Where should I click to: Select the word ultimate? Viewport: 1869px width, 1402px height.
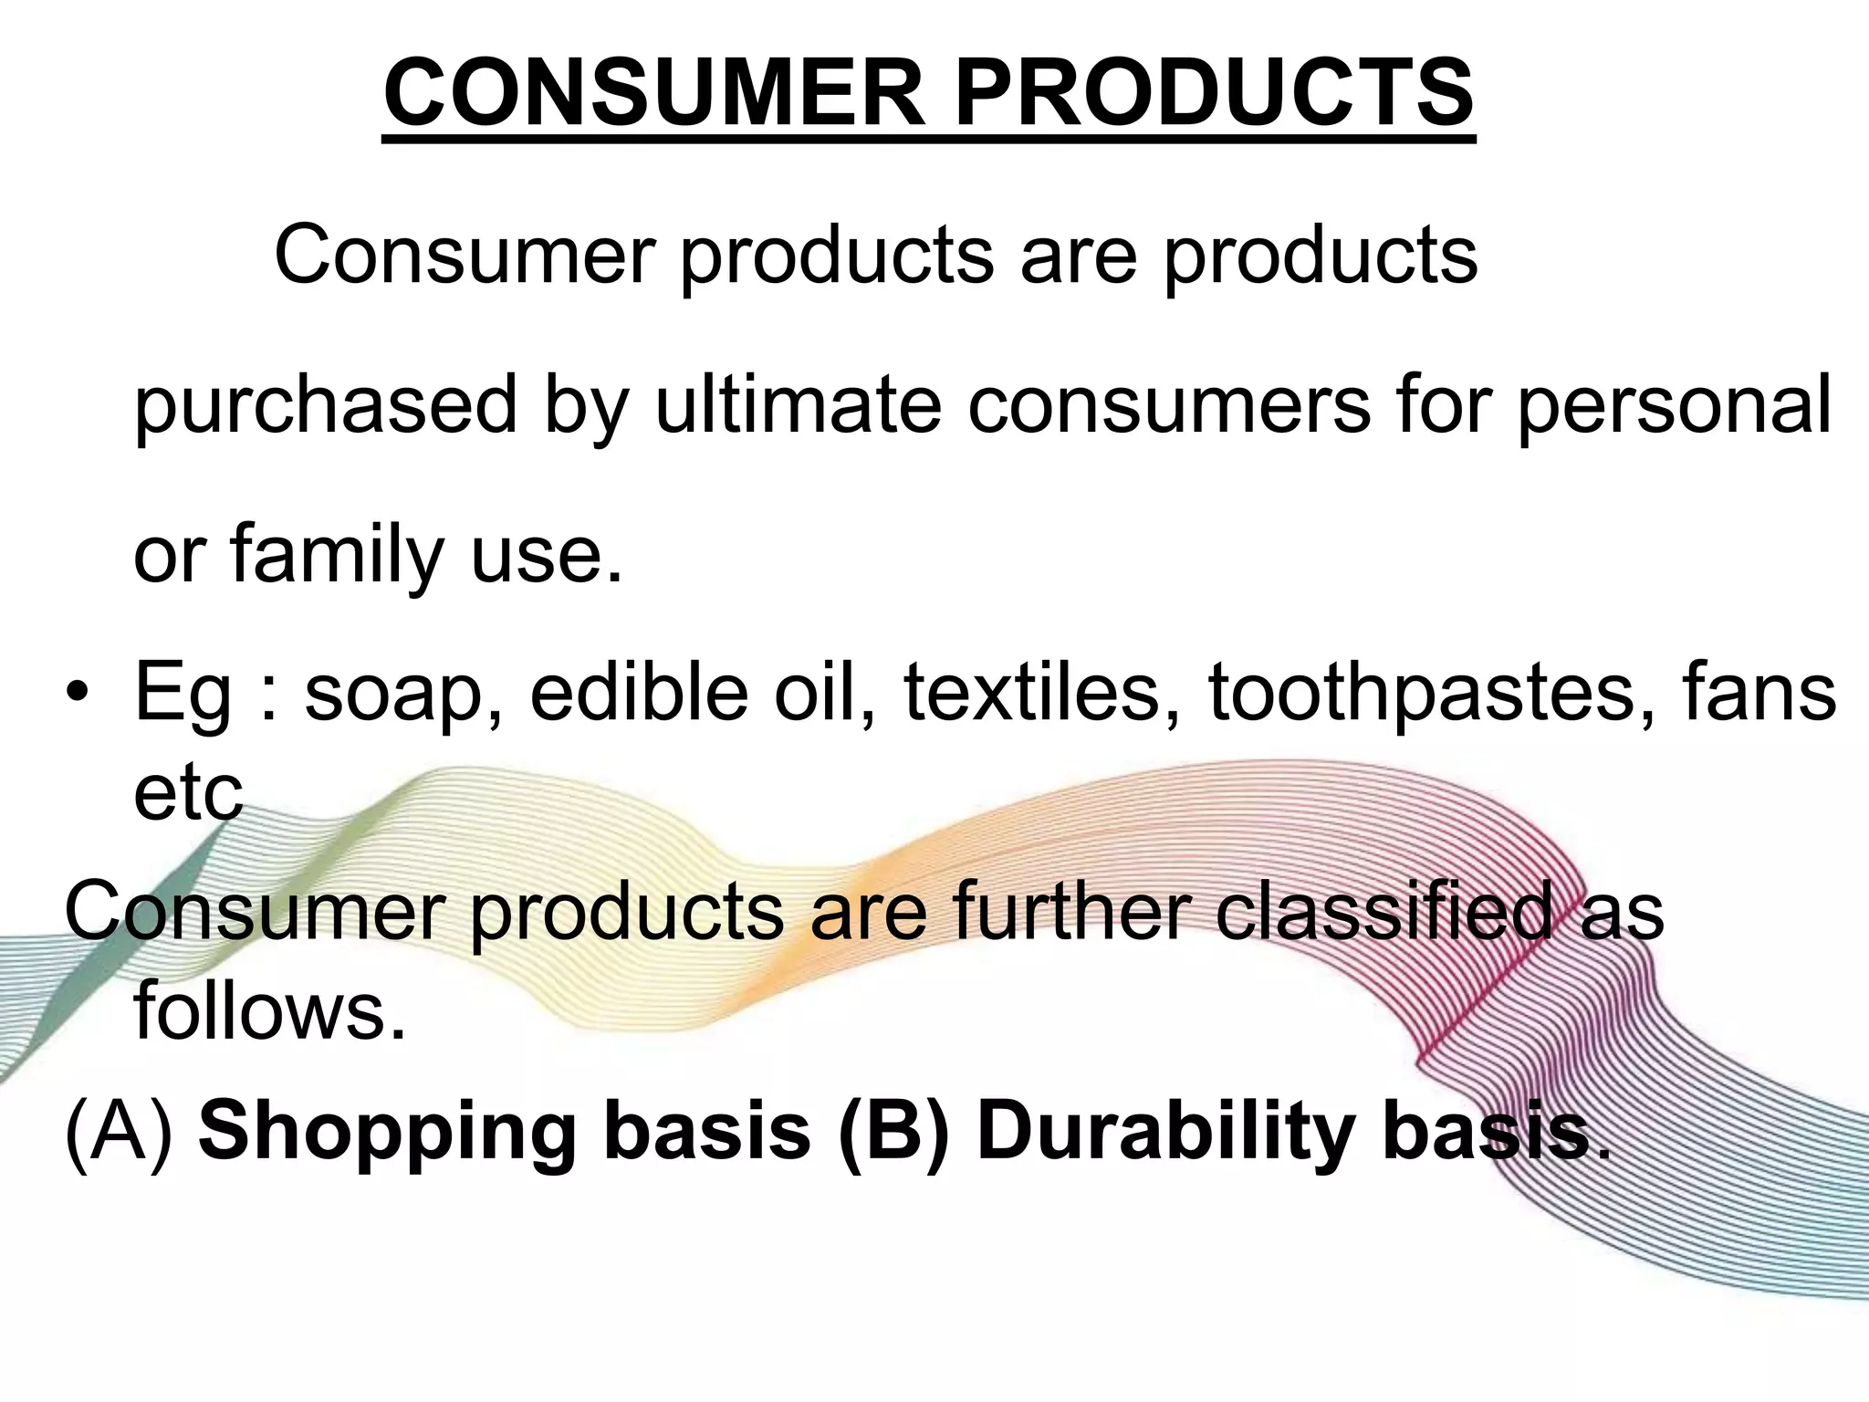tap(798, 404)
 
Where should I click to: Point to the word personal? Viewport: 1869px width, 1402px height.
tap(1674, 406)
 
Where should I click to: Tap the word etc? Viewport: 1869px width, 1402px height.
tap(188, 792)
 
